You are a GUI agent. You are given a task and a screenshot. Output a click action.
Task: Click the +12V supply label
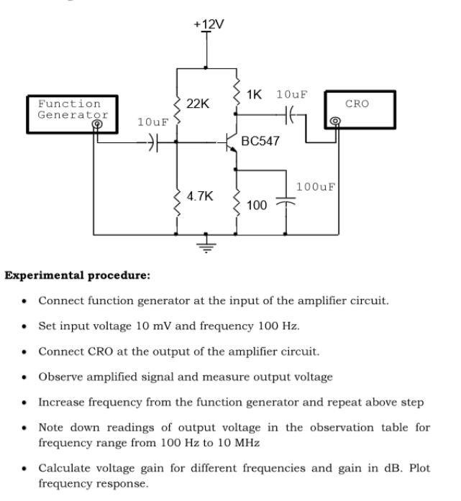209,24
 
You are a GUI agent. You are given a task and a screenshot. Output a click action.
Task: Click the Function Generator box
68,113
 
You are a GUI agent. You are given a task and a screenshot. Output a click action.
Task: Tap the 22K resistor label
197,104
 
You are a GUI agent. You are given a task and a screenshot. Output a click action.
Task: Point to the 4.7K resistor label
200,196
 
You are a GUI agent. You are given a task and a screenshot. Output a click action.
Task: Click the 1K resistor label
254,94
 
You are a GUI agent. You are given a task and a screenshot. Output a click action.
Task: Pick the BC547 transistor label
260,141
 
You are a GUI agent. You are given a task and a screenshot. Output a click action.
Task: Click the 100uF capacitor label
316,187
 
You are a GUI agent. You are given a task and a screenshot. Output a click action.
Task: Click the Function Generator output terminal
97,124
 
